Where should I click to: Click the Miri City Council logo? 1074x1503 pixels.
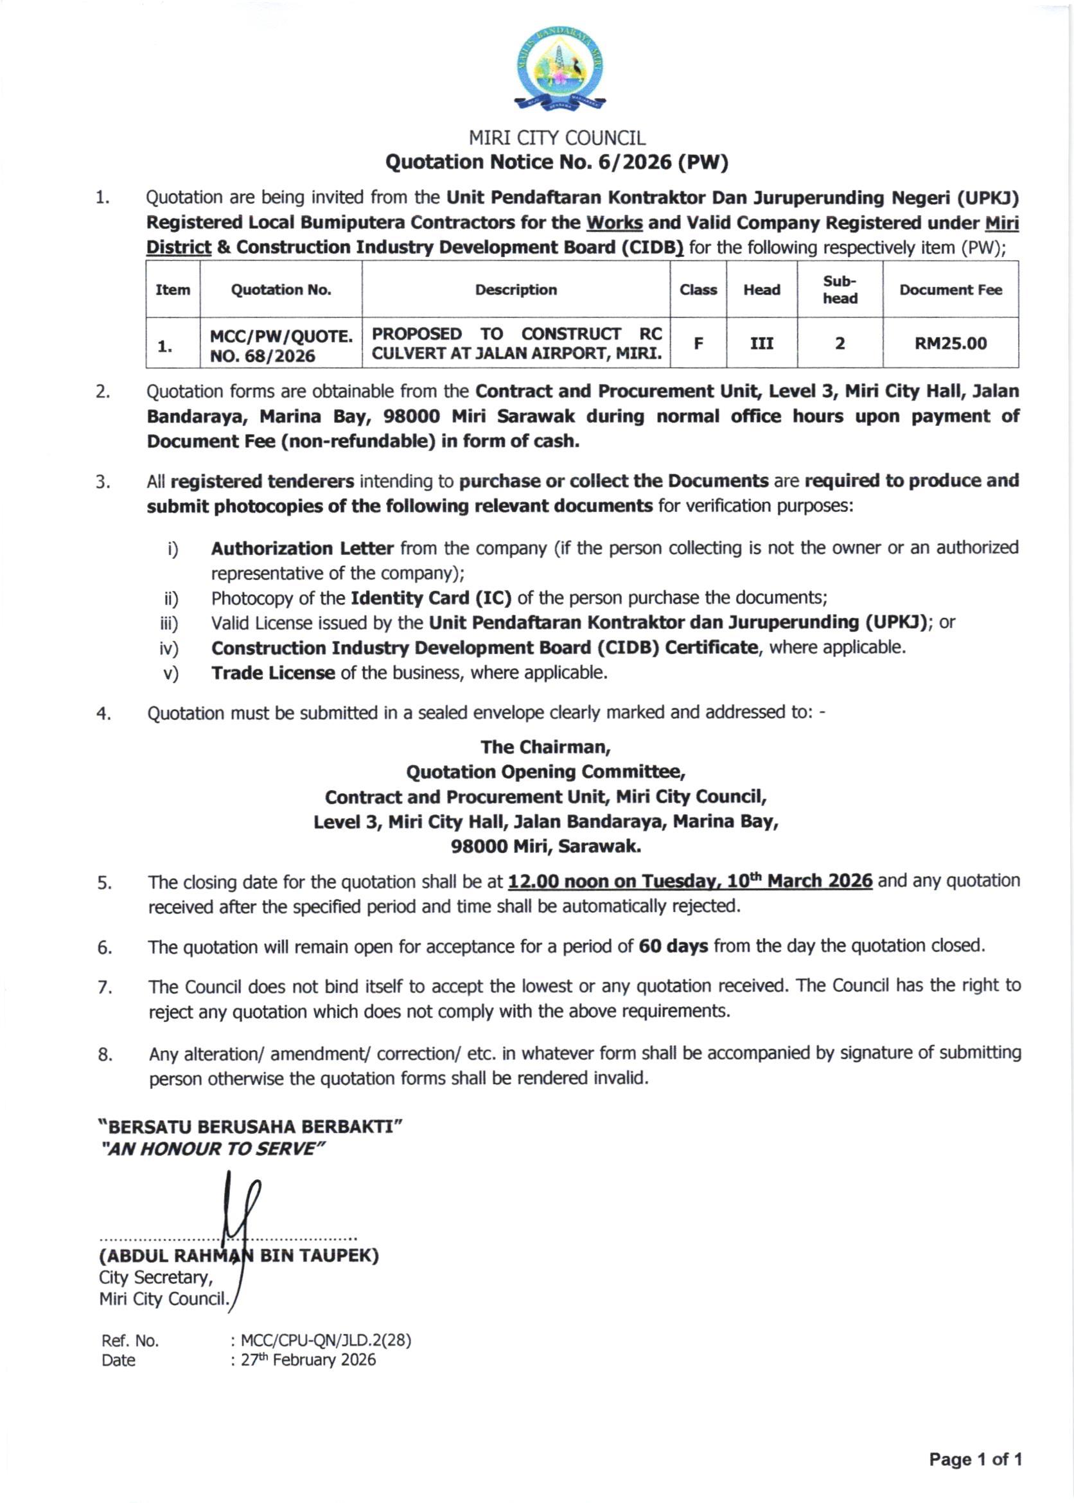pyautogui.click(x=559, y=69)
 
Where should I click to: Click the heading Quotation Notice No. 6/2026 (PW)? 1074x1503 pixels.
pyautogui.click(x=556, y=162)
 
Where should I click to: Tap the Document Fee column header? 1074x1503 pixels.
pyautogui.click(x=949, y=290)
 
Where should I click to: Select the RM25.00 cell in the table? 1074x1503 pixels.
pyautogui.click(x=949, y=343)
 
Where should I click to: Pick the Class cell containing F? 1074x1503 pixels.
pyautogui.click(x=698, y=343)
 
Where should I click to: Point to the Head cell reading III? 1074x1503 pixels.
pyautogui.click(x=761, y=343)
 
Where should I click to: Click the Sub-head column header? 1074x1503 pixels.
pyautogui.click(x=840, y=290)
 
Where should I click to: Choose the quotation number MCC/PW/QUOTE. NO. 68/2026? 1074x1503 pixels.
pyautogui.click(x=281, y=346)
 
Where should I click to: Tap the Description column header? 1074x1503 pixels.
pyautogui.click(x=516, y=290)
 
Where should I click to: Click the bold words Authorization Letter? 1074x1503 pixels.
pyautogui.click(x=303, y=548)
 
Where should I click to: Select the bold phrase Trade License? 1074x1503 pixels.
pyautogui.click(x=272, y=672)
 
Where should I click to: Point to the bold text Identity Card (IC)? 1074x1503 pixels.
pyautogui.click(x=430, y=598)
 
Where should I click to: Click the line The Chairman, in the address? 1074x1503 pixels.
pyautogui.click(x=545, y=746)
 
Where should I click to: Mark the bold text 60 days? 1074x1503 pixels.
pyautogui.click(x=673, y=946)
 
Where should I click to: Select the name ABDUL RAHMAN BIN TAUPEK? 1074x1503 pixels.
pyautogui.click(x=239, y=1255)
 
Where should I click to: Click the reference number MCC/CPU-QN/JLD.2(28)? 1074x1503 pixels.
pyautogui.click(x=326, y=1340)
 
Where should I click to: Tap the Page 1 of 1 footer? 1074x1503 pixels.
pyautogui.click(x=975, y=1459)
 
